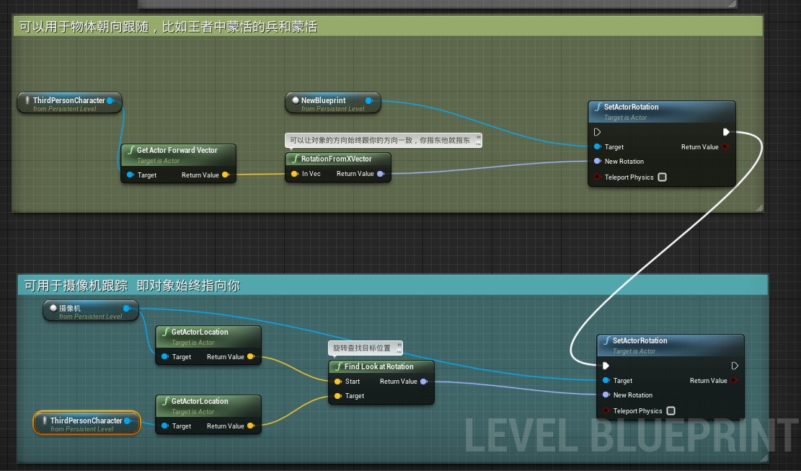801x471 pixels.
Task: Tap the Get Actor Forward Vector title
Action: pos(177,151)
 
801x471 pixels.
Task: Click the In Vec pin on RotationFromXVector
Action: pos(294,174)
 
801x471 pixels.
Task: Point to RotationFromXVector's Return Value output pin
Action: pos(381,174)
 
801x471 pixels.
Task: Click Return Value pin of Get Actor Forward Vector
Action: pos(226,175)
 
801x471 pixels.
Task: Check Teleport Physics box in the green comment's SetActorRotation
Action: pos(662,177)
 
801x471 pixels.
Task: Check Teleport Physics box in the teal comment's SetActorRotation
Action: pos(671,411)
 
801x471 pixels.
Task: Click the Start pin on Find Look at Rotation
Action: pos(337,382)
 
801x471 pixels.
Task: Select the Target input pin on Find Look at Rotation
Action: pos(337,396)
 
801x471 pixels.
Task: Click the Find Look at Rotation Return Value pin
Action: pos(424,382)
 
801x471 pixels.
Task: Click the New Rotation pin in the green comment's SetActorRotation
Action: pos(598,162)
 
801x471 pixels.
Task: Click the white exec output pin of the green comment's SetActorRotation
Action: pos(726,132)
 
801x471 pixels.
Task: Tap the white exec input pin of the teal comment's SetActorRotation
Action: pos(606,366)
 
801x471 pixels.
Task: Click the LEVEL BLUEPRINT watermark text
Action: pos(631,434)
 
